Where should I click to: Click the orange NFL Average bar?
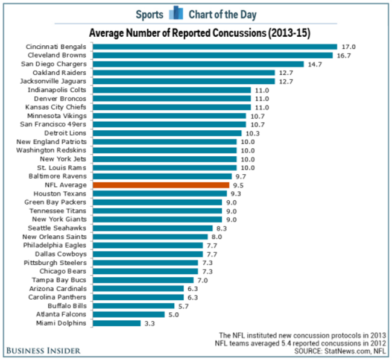point(161,185)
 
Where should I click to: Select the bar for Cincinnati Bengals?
point(215,46)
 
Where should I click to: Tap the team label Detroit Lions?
point(66,133)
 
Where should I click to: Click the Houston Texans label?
point(60,194)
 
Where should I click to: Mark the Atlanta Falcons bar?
point(128,315)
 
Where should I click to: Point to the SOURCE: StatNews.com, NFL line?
point(340,350)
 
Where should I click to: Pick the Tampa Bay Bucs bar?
point(144,280)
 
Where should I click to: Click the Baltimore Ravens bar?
point(162,176)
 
